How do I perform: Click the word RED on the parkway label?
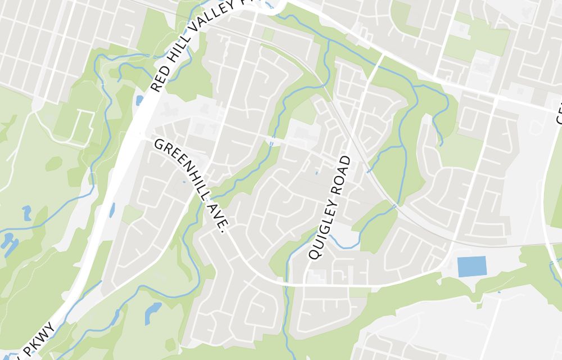(160, 80)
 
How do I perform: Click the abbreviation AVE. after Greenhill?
(221, 219)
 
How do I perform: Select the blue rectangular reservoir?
(472, 266)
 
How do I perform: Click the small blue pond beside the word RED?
(139, 100)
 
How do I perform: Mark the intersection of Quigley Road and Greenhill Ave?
(303, 285)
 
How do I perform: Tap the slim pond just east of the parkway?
(112, 210)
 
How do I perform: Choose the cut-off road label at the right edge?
(559, 112)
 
